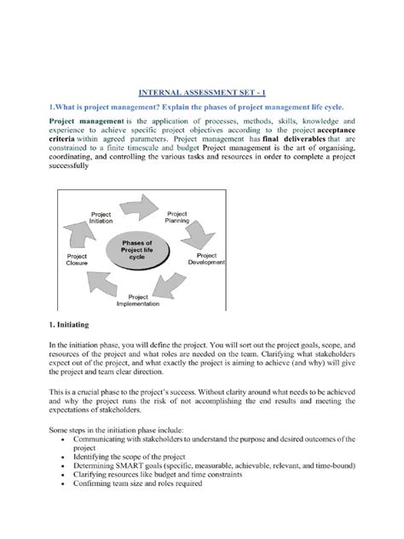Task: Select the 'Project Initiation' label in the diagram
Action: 101,217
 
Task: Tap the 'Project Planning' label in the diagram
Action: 177,217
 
